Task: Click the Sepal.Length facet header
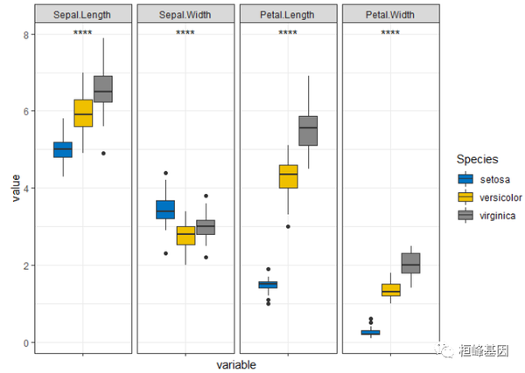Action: point(83,15)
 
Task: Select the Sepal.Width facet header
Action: point(185,15)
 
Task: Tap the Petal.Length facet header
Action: point(288,15)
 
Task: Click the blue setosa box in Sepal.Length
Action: point(62,149)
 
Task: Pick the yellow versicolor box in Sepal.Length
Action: point(83,114)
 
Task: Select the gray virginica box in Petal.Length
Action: point(308,131)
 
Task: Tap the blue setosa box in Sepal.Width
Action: point(164,210)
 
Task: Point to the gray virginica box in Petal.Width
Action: point(410,263)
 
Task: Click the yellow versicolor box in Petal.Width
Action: point(390,290)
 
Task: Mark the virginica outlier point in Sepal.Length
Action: point(103,154)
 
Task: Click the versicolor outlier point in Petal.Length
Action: point(288,226)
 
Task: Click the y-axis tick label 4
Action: point(27,188)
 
